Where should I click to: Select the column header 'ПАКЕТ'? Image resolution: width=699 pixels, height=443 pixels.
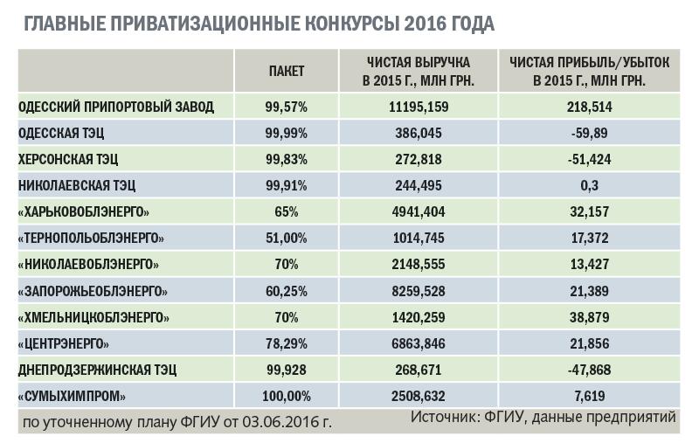pyautogui.click(x=286, y=71)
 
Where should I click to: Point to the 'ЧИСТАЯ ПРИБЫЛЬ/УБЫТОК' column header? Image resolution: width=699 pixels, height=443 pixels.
pyautogui.click(x=590, y=71)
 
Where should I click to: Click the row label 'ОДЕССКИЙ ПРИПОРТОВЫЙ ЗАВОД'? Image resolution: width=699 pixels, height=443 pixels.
pyautogui.click(x=116, y=107)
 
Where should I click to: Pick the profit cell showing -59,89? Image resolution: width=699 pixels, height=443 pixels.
pyautogui.click(x=590, y=134)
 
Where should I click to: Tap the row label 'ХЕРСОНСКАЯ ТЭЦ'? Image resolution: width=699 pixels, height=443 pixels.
pyautogui.click(x=68, y=160)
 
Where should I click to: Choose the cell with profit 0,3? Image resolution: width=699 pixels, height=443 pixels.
pyautogui.click(x=590, y=186)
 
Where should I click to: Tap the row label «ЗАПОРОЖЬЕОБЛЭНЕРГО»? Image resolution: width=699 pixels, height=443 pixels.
pyautogui.click(x=93, y=291)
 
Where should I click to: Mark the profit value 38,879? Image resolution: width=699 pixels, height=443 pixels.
pyautogui.click(x=590, y=317)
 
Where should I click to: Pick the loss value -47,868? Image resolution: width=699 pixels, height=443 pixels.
pyautogui.click(x=590, y=370)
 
